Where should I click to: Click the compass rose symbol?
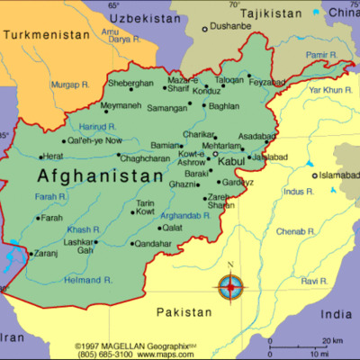point(230,287)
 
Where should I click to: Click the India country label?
point(339,314)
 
